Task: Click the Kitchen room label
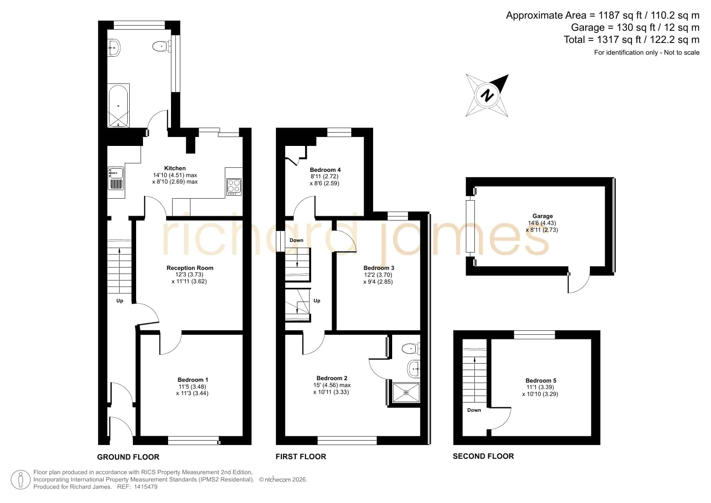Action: [x=175, y=168]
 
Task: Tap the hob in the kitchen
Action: [x=234, y=187]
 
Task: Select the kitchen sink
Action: [x=116, y=178]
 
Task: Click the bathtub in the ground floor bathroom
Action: [x=118, y=106]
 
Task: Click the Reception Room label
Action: [x=190, y=268]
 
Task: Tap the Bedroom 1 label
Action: [x=193, y=380]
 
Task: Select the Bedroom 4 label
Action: [x=325, y=170]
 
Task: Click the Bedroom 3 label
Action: [x=379, y=268]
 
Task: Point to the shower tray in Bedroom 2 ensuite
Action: [x=406, y=393]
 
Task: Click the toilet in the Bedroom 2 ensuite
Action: [x=411, y=348]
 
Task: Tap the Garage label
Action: [x=542, y=216]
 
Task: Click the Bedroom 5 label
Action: [x=541, y=381]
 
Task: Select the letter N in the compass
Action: [x=487, y=95]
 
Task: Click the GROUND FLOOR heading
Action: [x=128, y=457]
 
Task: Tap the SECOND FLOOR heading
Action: [x=483, y=456]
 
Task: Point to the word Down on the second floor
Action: [x=474, y=410]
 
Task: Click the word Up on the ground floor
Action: [x=120, y=301]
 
